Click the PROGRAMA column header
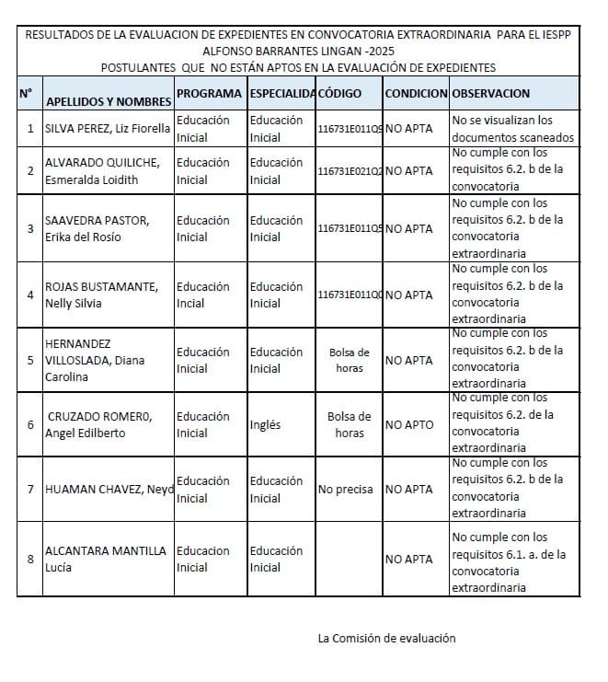[209, 94]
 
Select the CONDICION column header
[416, 94]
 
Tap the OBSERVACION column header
[491, 94]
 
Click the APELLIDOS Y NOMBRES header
[109, 100]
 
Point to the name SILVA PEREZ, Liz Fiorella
[108, 129]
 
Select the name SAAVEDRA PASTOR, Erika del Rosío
[97, 228]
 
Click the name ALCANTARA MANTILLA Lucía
[106, 559]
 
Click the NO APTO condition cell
[409, 425]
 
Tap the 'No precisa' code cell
[345, 490]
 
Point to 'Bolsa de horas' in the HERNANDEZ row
[350, 360]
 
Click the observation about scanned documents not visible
[512, 129]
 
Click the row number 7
[30, 490]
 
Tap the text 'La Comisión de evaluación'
[386, 638]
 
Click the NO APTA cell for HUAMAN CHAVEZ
[409, 490]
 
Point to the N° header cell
[26, 93]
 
